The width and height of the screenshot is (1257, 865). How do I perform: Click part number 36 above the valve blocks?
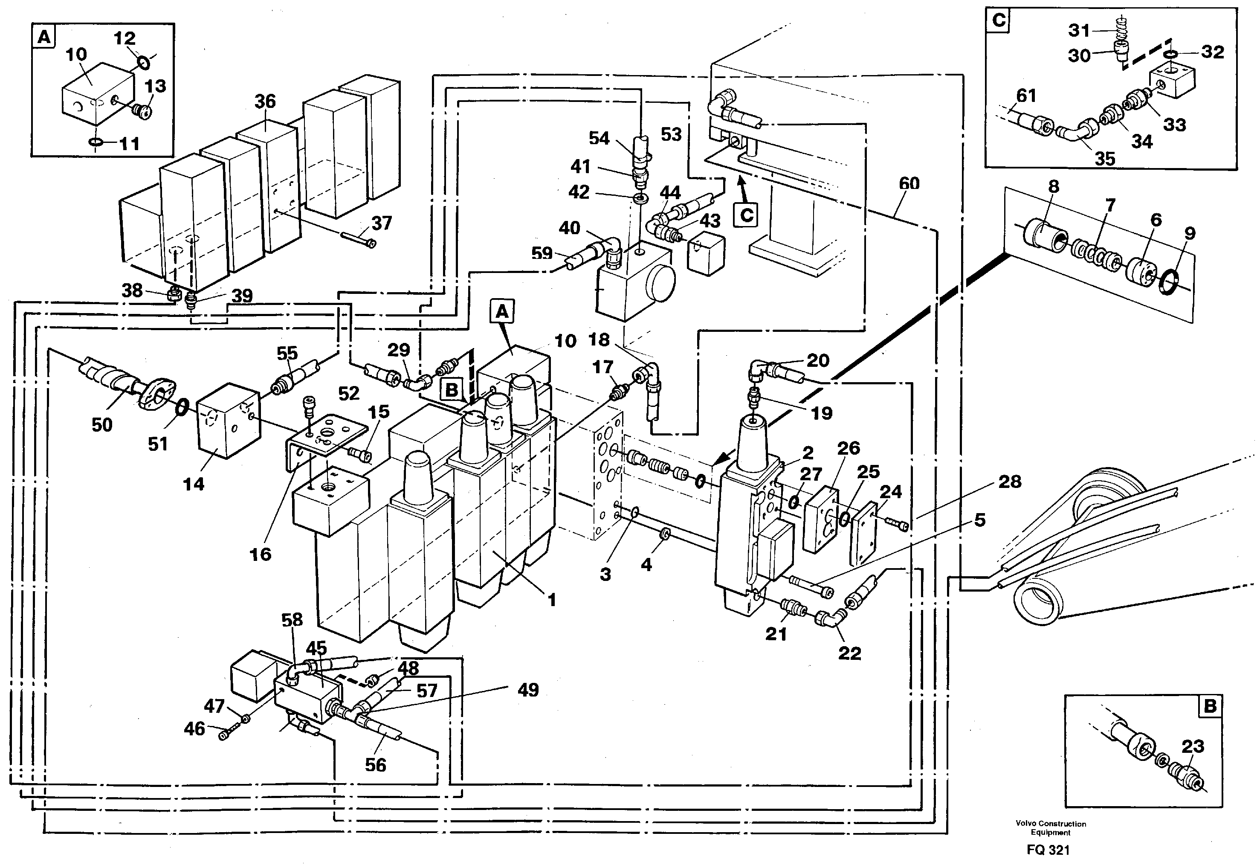click(x=265, y=102)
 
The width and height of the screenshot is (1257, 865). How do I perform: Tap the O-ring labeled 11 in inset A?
click(x=96, y=142)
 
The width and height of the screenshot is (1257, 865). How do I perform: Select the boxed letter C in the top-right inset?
click(x=999, y=21)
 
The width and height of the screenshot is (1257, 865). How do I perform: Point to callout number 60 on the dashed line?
click(x=909, y=184)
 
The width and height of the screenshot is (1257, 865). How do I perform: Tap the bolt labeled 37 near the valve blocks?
click(x=358, y=240)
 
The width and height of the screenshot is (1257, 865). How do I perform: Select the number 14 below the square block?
click(x=194, y=484)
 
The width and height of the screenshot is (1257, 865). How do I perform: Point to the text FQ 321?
click(x=1048, y=850)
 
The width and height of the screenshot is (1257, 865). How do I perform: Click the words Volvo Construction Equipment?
click(x=1051, y=827)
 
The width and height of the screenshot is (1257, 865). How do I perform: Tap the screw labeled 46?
click(x=226, y=735)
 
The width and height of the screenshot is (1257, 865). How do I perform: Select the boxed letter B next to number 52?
click(x=452, y=390)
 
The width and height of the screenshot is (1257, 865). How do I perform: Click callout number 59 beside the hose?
click(x=541, y=253)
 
